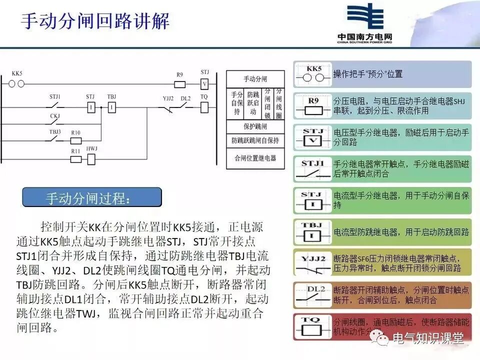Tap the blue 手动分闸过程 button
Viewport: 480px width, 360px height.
pyautogui.click(x=92, y=197)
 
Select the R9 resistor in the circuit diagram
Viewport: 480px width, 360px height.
pyautogui.click(x=179, y=84)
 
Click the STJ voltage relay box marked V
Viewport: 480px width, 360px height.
pyautogui.click(x=204, y=84)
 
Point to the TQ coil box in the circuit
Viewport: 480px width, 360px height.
pyautogui.click(x=204, y=107)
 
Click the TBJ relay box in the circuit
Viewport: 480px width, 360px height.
pyautogui.click(x=112, y=107)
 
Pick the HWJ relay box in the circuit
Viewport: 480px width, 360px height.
pyautogui.click(x=91, y=159)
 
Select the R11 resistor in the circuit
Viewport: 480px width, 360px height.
pyautogui.click(x=76, y=159)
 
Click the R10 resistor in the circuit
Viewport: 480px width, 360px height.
pyautogui.click(x=76, y=141)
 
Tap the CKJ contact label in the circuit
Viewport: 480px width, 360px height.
pyautogui.click(x=54, y=116)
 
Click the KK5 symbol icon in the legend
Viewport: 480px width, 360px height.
pyautogui.click(x=313, y=74)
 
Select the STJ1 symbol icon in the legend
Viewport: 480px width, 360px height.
pyautogui.click(x=313, y=169)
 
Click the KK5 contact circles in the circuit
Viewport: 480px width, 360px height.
pyautogui.click(x=17, y=84)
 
